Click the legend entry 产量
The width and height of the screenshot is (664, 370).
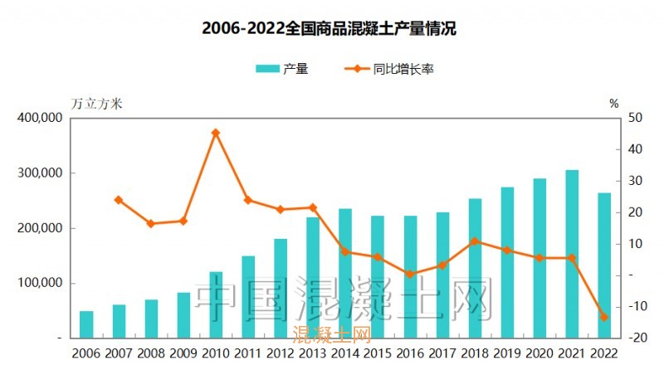(x=282, y=70)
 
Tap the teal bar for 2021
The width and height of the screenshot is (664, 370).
(x=572, y=254)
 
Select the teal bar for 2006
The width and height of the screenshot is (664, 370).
(x=86, y=324)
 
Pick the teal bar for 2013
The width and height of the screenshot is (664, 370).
(x=313, y=277)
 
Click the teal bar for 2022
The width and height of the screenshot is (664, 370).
(x=604, y=265)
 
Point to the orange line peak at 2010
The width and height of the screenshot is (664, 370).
(x=216, y=133)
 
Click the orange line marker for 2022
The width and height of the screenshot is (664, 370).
(x=604, y=317)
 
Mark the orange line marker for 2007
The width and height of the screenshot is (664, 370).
(x=119, y=200)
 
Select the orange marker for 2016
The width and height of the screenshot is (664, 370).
(x=410, y=274)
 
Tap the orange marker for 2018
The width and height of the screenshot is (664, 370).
(x=475, y=241)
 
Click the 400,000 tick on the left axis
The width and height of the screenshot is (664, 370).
(x=40, y=118)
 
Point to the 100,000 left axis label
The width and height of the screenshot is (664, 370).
(x=40, y=283)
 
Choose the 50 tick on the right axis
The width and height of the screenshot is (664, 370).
(x=635, y=118)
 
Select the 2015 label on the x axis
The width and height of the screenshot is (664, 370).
(x=378, y=354)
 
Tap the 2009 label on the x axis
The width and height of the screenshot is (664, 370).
(x=183, y=354)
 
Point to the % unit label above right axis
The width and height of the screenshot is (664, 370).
(x=613, y=104)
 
